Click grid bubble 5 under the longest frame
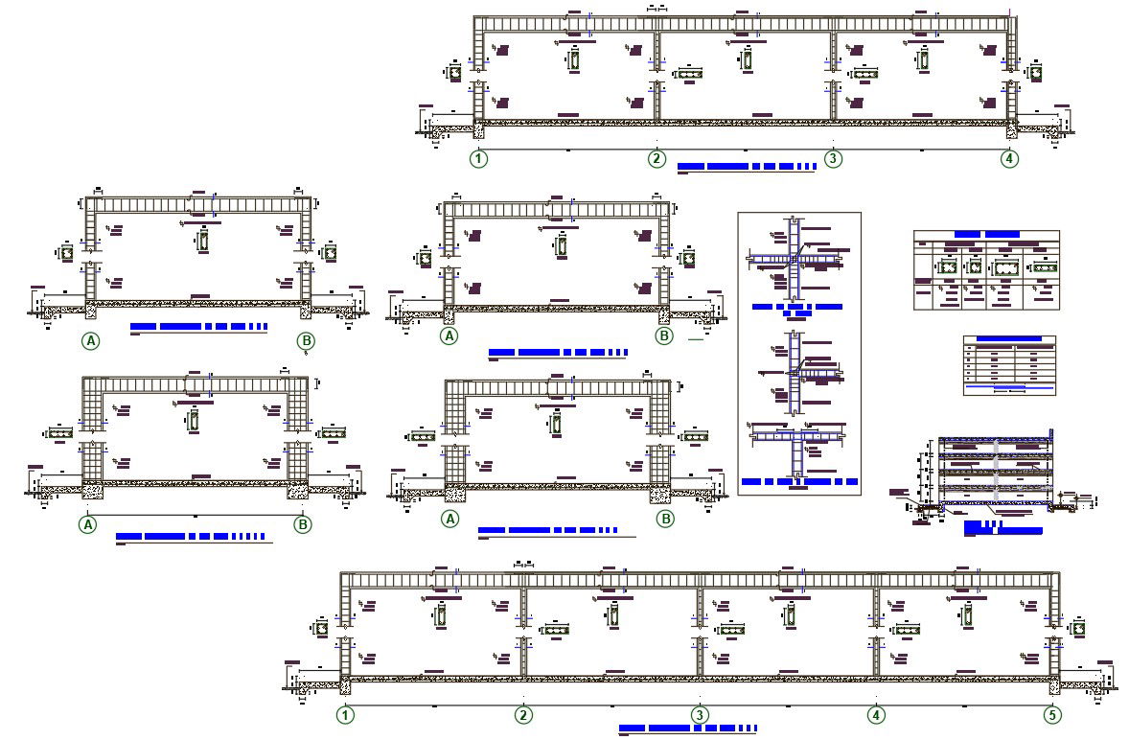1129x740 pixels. [1053, 714]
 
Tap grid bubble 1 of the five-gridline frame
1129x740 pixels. [345, 714]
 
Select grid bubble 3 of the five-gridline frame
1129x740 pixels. [701, 714]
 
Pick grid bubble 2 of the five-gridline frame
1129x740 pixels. [523, 714]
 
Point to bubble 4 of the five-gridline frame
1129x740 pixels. [876, 714]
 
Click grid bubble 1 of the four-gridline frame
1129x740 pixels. [478, 158]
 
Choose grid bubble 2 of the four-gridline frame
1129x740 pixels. [657, 158]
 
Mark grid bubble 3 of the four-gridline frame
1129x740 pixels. [833, 158]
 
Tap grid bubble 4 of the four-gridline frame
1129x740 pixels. [1009, 158]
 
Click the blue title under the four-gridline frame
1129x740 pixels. [746, 167]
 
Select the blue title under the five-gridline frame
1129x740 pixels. [687, 728]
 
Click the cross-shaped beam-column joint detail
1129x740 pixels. [795, 257]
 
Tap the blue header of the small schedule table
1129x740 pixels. [1008, 338]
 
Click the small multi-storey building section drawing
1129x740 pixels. [997, 472]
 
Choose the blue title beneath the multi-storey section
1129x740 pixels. [1002, 528]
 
